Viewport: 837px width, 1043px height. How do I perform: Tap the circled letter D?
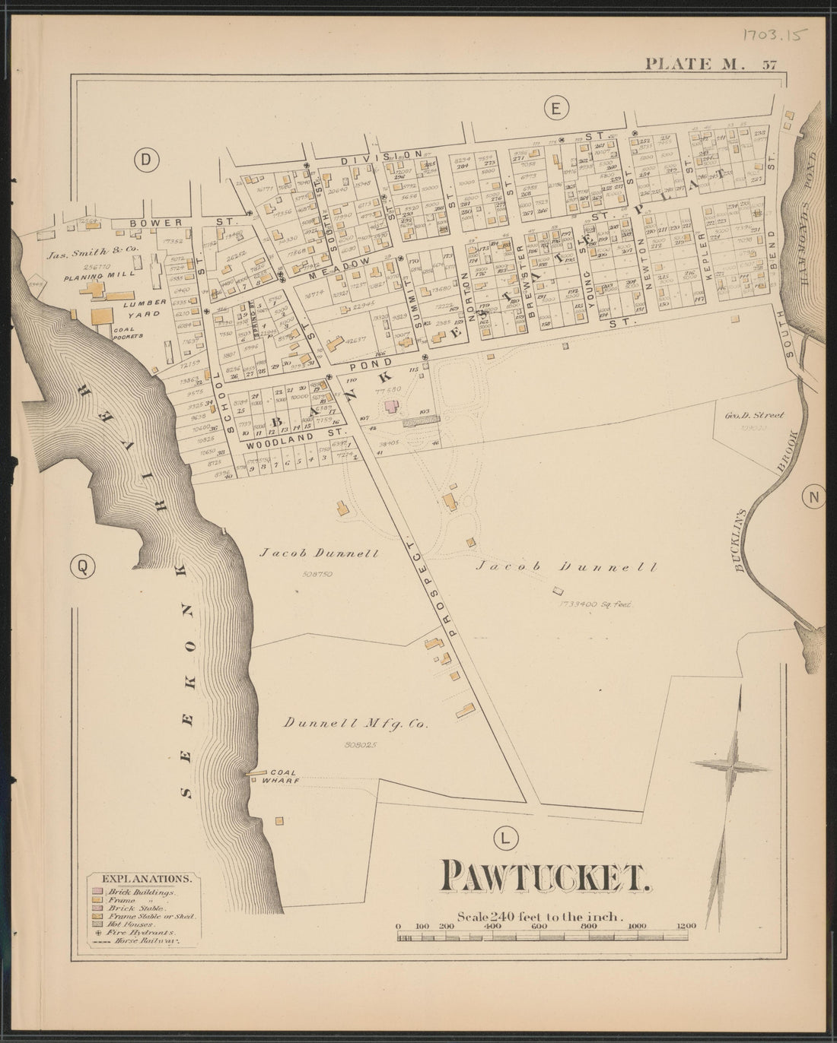tap(144, 159)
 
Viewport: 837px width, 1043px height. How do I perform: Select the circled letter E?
tap(555, 109)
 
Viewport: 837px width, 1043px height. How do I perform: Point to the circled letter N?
tap(813, 498)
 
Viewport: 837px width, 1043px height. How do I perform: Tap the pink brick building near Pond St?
tap(392, 407)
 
